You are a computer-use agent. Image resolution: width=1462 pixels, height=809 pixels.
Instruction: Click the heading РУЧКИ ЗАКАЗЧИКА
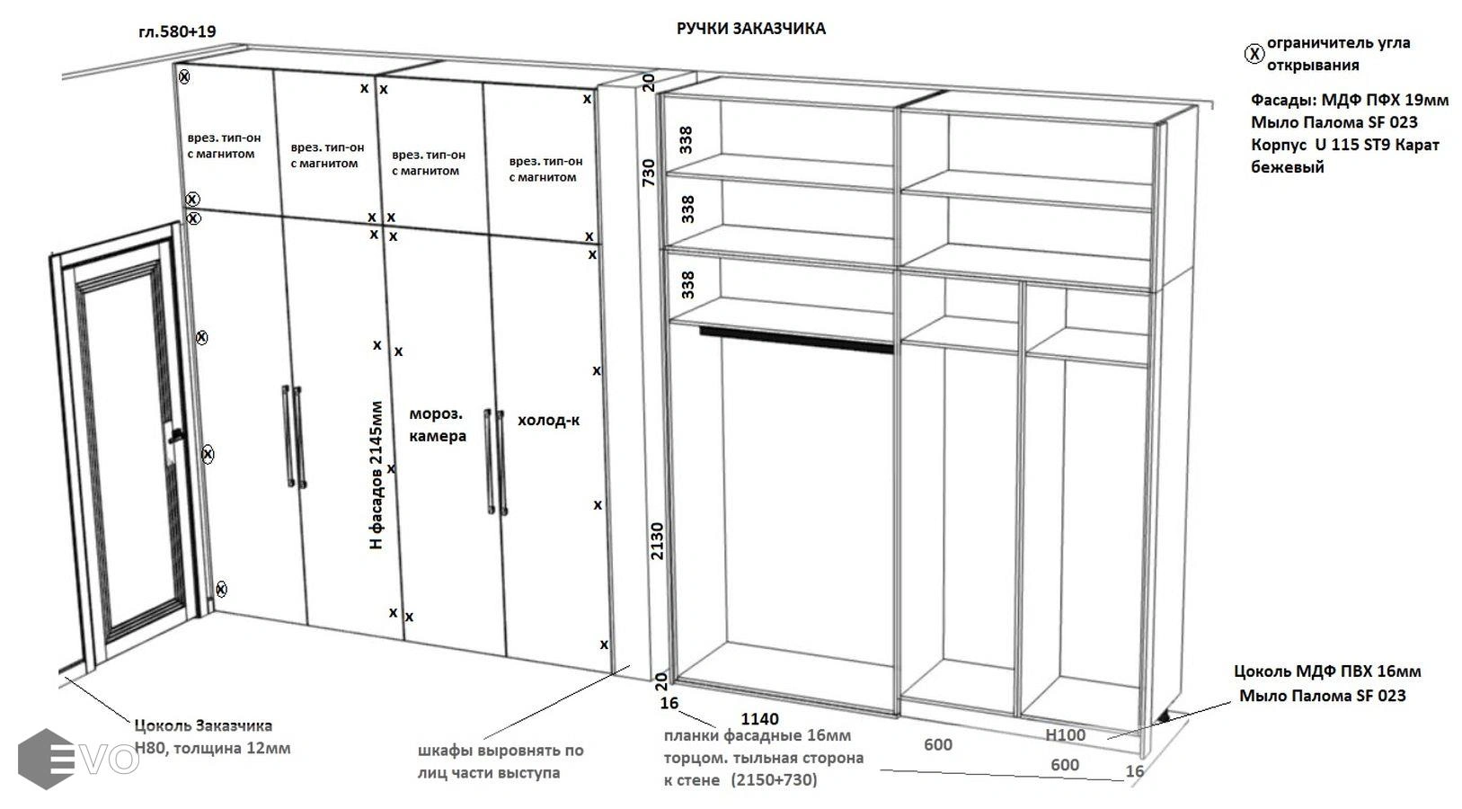tap(750, 28)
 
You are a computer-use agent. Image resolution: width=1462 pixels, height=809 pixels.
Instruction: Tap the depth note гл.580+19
tap(178, 31)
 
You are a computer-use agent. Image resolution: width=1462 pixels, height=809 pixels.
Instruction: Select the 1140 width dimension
tap(759, 719)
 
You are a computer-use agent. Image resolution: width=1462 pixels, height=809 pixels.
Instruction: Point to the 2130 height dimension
tap(657, 540)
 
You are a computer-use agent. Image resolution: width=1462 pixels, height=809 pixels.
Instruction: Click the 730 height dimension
tap(649, 173)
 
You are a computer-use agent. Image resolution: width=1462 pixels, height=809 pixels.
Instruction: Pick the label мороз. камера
tap(438, 424)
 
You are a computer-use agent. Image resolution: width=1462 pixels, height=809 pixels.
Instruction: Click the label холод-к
tap(549, 420)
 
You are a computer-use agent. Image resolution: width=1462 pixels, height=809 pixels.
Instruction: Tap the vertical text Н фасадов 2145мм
tap(377, 475)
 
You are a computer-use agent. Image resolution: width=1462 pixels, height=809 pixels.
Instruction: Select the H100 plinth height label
tap(1066, 735)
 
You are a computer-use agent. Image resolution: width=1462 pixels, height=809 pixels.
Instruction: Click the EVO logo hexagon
tap(46, 759)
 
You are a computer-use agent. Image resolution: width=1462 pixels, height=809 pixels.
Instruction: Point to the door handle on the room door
tap(175, 436)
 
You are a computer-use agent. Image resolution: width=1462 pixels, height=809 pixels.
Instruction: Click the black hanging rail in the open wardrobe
tap(796, 340)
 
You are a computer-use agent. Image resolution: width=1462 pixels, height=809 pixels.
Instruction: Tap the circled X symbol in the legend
tap(1254, 54)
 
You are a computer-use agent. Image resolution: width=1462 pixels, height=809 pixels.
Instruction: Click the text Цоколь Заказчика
tap(203, 725)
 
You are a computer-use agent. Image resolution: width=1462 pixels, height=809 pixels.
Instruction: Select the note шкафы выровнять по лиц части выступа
tap(501, 761)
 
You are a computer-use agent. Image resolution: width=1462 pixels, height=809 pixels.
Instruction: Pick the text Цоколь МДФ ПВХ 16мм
tap(1327, 671)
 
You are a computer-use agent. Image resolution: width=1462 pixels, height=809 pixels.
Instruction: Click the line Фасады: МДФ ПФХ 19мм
tap(1350, 100)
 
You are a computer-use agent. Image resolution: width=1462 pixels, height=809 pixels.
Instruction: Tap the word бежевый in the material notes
tap(1288, 167)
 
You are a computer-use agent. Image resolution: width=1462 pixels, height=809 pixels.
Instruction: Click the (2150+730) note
tap(774, 779)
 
